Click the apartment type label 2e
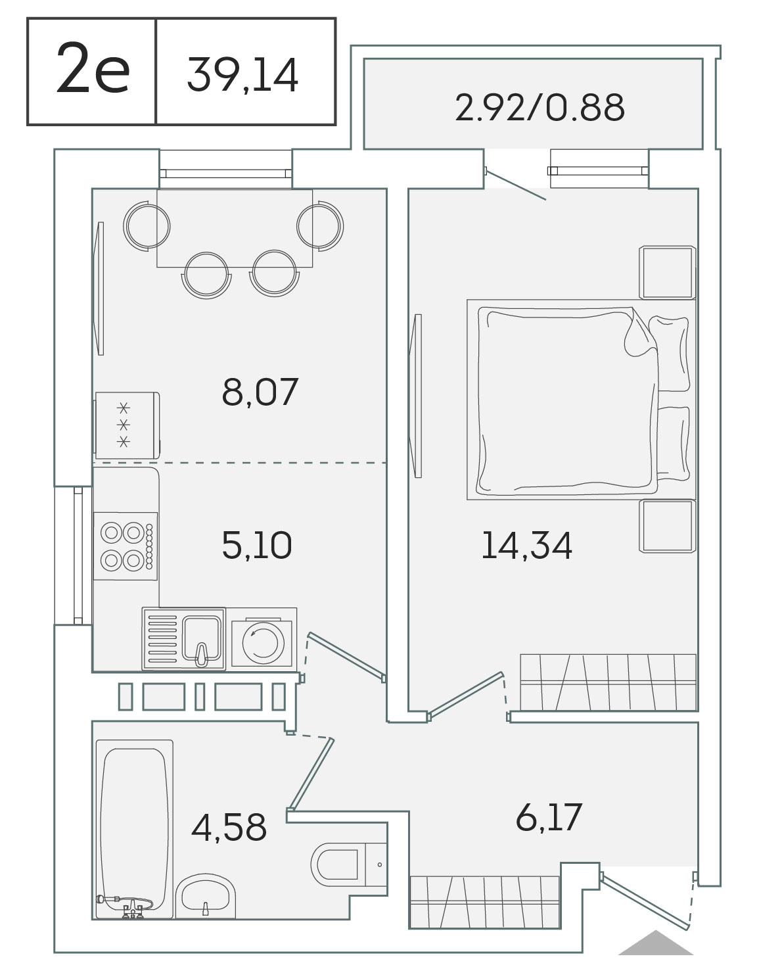[x=93, y=68]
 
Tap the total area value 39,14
[x=242, y=75]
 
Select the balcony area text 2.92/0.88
[x=540, y=107]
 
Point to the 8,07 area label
[x=260, y=392]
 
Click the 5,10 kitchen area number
[x=257, y=545]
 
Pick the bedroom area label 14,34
[x=527, y=545]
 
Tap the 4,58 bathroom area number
[x=229, y=827]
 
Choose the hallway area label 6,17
[x=549, y=817]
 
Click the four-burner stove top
[x=126, y=546]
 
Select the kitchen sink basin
[x=202, y=638]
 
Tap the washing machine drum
[x=264, y=643]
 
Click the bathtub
[x=134, y=829]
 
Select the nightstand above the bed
[x=667, y=272]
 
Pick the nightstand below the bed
[x=667, y=526]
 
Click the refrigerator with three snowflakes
[x=127, y=425]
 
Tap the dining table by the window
[x=235, y=228]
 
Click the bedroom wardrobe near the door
[x=608, y=682]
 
